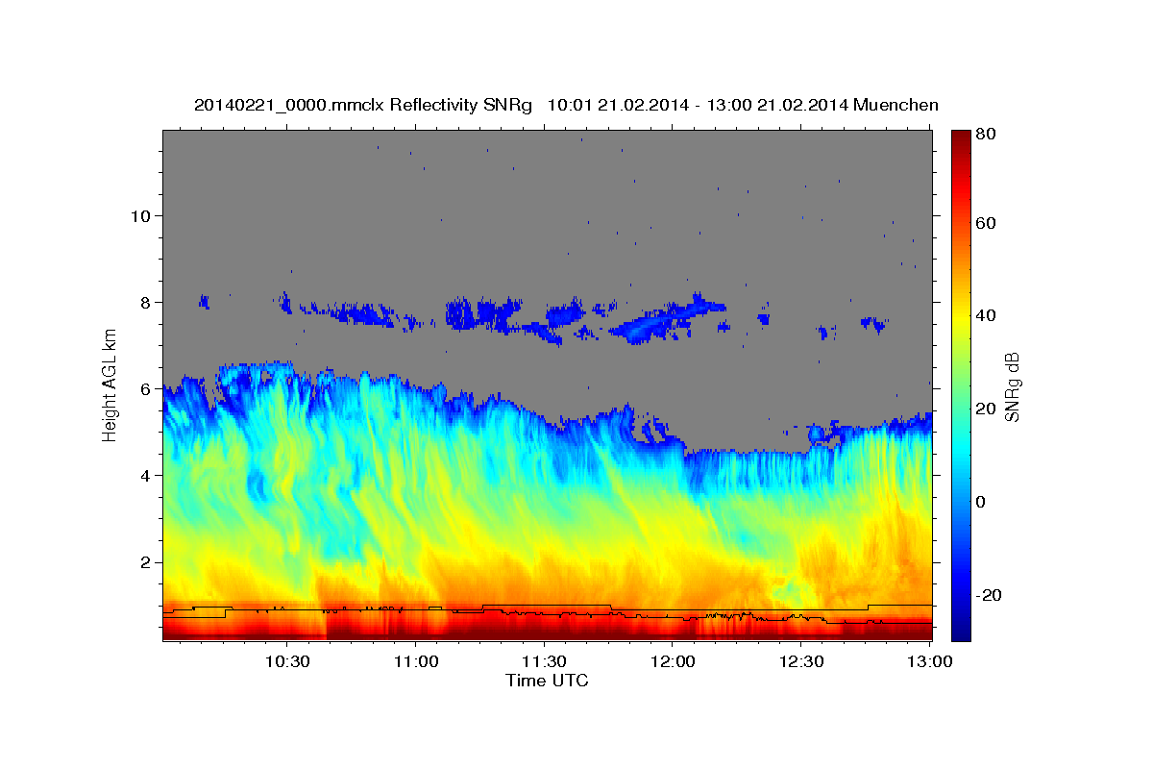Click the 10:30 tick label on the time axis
pyautogui.click(x=287, y=662)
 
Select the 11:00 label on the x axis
pyautogui.click(x=416, y=662)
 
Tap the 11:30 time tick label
pyautogui.click(x=544, y=662)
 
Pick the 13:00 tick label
pyautogui.click(x=930, y=662)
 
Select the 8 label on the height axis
pyautogui.click(x=147, y=302)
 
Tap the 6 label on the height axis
pyautogui.click(x=147, y=389)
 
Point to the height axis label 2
pyautogui.click(x=147, y=562)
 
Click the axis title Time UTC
pyautogui.click(x=547, y=682)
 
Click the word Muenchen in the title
pyautogui.click(x=894, y=105)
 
